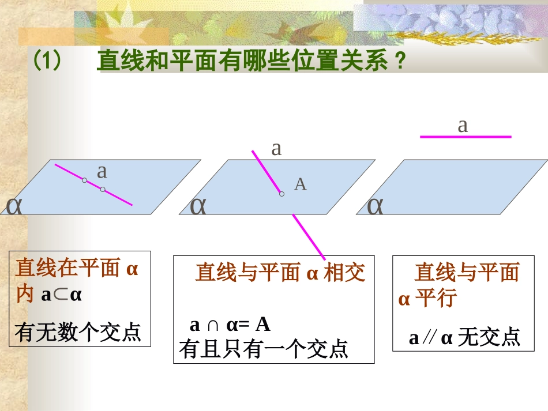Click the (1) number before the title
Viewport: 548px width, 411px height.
[x=47, y=60]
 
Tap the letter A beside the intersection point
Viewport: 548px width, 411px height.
[x=300, y=184]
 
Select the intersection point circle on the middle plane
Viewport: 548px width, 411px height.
[x=281, y=194]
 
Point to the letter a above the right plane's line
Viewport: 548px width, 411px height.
[x=463, y=125]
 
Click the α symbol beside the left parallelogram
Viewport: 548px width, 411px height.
[x=14, y=205]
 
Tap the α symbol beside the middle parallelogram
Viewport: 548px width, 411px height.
[x=198, y=205]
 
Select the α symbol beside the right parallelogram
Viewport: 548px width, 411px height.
[x=376, y=205]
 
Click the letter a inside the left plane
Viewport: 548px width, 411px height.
[x=102, y=171]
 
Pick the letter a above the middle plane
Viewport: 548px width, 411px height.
[x=276, y=148]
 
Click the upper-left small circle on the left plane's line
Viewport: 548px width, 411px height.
[x=84, y=180]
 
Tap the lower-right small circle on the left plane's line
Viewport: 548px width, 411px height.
[x=102, y=189]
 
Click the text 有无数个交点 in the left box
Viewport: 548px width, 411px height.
[x=78, y=333]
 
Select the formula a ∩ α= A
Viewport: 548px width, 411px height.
[x=230, y=325]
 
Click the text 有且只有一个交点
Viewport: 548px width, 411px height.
[x=264, y=349]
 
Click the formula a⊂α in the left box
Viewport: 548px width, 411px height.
[x=62, y=296]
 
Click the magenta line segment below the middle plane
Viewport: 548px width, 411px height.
[x=309, y=237]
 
